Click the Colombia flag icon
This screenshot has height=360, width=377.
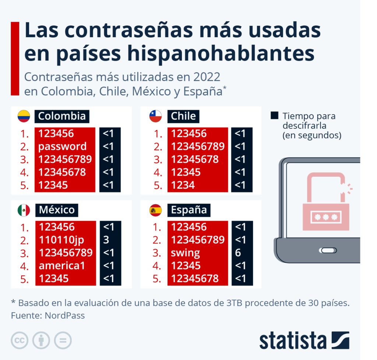click(x=24, y=116)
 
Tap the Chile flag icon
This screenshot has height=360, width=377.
click(x=155, y=116)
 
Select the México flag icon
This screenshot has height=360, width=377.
click(x=24, y=211)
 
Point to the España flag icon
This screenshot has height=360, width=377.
click(x=155, y=211)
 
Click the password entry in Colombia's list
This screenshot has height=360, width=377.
click(x=62, y=147)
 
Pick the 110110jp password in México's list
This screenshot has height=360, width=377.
click(x=61, y=240)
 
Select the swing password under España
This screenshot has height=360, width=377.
click(x=186, y=253)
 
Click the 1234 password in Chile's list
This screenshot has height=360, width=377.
click(x=183, y=185)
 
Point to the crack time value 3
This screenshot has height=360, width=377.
click(x=106, y=240)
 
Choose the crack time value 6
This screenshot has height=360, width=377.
click(x=238, y=253)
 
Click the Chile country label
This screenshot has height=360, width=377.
click(x=183, y=116)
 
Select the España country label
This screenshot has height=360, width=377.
click(x=189, y=211)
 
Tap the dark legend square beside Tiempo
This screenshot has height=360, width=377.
click(x=274, y=116)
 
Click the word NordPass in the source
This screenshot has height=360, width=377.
click(x=65, y=315)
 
